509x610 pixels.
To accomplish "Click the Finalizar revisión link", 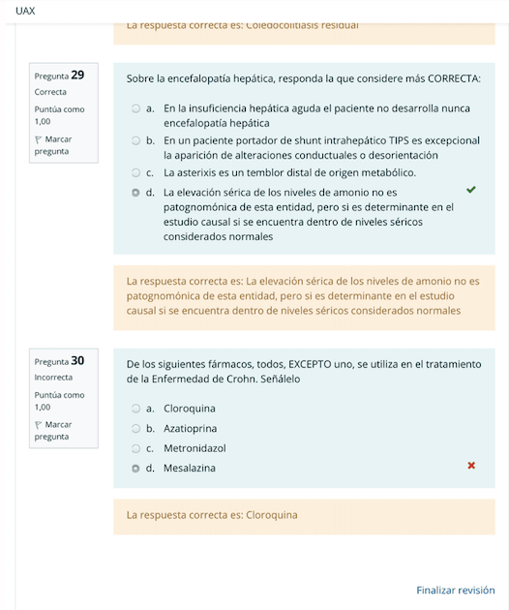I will tap(455, 590).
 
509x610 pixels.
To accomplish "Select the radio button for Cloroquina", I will tap(136, 409).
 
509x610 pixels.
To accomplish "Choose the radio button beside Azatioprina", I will tap(136, 428).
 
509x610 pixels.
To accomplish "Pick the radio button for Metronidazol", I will tap(136, 448).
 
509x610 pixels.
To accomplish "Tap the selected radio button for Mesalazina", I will tap(136, 468).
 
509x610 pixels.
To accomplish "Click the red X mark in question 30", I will tap(471, 466).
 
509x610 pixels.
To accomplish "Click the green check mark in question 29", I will tap(471, 190).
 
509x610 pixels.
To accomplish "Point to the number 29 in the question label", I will tap(77, 75).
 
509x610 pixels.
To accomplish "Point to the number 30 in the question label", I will tap(77, 360).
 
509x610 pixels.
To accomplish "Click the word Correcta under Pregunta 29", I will tap(50, 92).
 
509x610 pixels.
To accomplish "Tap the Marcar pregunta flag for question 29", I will tap(39, 139).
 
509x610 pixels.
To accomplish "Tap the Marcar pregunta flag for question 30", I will tap(39, 425).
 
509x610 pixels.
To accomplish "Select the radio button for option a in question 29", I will tap(136, 108).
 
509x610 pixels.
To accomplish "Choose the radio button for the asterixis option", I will tap(136, 172).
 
